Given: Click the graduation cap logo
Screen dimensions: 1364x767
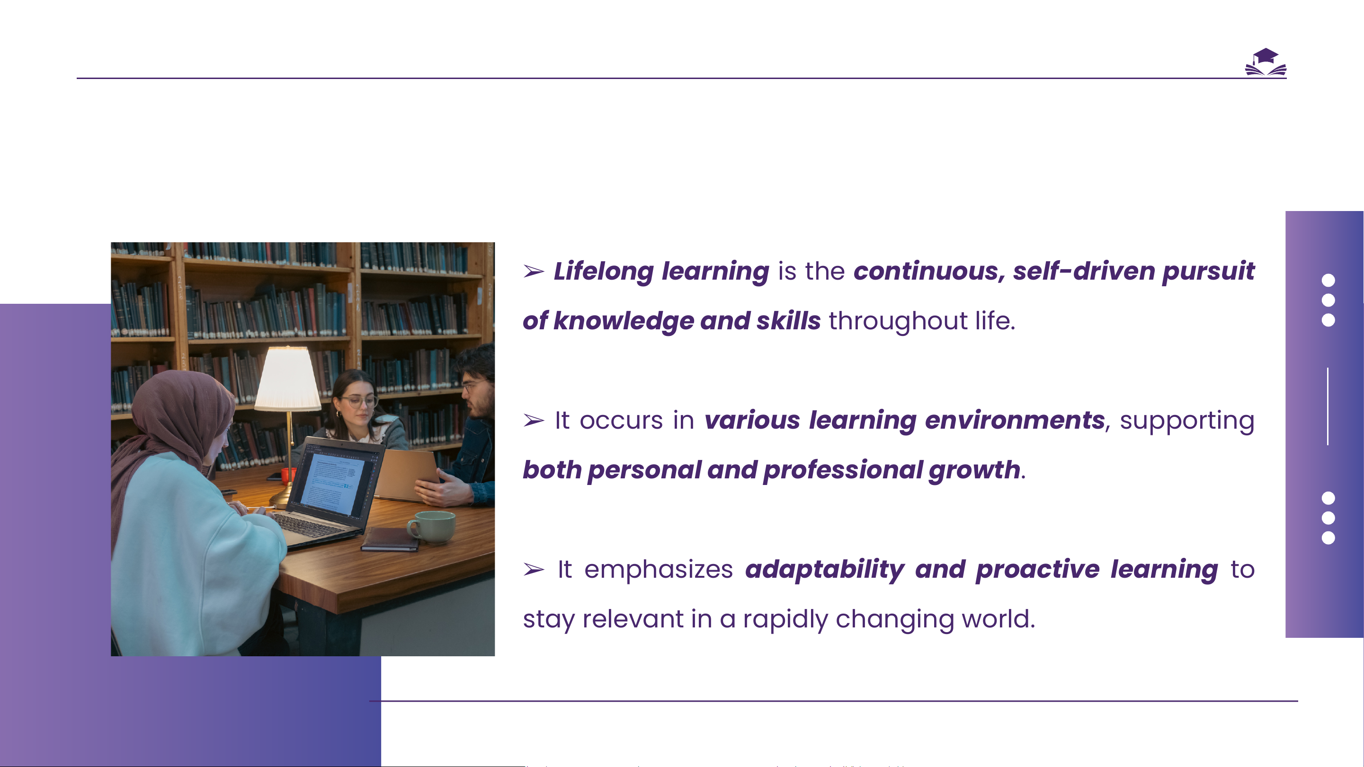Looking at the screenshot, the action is point(1266,62).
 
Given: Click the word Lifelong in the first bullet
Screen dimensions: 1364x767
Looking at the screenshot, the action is point(604,272).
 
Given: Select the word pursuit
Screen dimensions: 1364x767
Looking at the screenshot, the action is point(1208,272).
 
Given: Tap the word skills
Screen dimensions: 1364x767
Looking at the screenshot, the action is point(788,321).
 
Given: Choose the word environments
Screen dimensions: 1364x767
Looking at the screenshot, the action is point(1015,420).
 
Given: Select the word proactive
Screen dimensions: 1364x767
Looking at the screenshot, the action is point(1037,570).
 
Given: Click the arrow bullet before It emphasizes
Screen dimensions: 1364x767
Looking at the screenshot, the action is point(534,570).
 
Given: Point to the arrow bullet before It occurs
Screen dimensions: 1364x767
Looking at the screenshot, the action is point(534,420).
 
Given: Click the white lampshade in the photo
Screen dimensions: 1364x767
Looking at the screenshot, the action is point(287,379).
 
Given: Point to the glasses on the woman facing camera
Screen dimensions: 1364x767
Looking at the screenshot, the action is point(359,401).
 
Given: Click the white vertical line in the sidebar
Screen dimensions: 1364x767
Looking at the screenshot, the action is point(1328,406).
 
